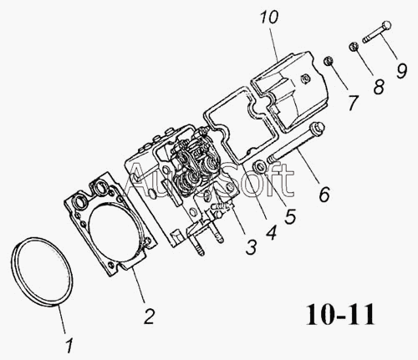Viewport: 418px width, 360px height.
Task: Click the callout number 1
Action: point(69,346)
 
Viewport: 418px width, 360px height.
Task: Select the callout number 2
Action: point(150,316)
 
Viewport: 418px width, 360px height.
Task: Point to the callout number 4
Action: point(271,232)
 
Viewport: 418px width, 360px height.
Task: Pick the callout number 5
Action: point(290,216)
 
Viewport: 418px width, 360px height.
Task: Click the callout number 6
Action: point(324,194)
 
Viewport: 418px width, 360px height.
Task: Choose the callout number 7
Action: point(352,103)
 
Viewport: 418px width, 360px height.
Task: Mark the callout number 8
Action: point(379,86)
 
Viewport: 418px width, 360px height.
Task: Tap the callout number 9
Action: point(401,71)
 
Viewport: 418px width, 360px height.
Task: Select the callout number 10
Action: point(269,18)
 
